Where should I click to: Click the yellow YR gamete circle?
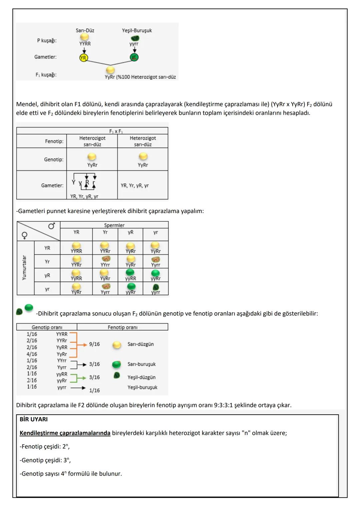click(83, 58)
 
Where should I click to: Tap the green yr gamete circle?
click(134, 57)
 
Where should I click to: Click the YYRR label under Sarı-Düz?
click(85, 44)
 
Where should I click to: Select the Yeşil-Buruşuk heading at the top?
click(137, 30)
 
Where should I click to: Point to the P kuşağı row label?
click(47, 40)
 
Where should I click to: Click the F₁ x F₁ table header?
click(116, 131)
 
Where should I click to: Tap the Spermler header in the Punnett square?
click(114, 225)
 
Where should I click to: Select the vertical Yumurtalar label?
click(24, 267)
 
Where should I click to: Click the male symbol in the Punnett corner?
click(52, 226)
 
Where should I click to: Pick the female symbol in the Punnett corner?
click(24, 236)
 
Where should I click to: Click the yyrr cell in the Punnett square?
click(155, 289)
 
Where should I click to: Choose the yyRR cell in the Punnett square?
click(131, 275)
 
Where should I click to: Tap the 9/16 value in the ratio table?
click(94, 344)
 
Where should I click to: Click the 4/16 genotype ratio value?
click(32, 354)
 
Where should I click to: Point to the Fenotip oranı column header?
click(122, 327)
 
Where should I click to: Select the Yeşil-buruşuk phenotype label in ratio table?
click(142, 387)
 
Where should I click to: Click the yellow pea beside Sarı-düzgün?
click(117, 345)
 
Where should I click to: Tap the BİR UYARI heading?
click(34, 419)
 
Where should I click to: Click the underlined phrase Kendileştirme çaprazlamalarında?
click(65, 433)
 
